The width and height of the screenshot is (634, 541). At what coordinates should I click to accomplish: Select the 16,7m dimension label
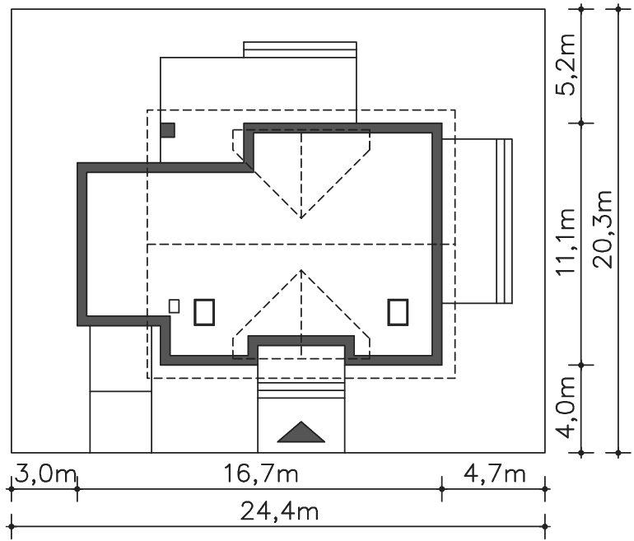261,473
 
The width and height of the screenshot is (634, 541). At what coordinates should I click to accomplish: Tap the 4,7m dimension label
495,473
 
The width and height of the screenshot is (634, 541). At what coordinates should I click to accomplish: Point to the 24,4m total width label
279,511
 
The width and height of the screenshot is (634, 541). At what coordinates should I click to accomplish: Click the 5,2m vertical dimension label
566,65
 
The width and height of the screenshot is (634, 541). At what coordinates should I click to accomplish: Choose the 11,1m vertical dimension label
566,242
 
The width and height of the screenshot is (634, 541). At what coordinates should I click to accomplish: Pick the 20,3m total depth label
603,229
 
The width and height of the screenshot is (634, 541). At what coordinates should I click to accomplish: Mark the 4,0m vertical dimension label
566,408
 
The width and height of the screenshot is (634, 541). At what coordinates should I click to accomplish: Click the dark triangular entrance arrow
301,431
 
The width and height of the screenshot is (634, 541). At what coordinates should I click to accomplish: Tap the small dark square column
168,130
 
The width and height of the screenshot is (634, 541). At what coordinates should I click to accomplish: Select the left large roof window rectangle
204,312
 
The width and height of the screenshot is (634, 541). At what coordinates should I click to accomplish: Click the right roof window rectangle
398,312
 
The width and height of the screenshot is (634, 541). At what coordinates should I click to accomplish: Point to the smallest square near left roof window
175,306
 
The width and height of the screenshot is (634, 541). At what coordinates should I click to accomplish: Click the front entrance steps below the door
301,389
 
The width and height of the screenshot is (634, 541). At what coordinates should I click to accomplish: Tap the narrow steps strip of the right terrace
504,221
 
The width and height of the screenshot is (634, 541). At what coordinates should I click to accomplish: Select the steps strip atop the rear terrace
300,49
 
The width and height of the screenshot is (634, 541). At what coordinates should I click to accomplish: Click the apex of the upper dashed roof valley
301,218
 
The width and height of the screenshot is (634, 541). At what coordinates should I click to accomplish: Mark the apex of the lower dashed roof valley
301,270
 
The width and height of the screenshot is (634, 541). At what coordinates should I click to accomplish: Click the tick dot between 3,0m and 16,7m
77,489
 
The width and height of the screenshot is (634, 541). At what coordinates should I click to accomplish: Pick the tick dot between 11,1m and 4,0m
581,365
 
